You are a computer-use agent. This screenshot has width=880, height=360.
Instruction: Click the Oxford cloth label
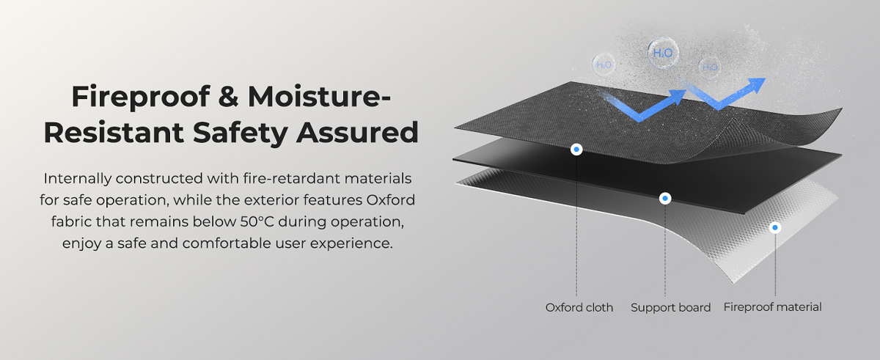click(x=579, y=308)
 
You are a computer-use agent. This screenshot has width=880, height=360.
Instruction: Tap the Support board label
click(x=670, y=308)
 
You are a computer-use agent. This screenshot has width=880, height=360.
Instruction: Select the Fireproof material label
click(x=772, y=308)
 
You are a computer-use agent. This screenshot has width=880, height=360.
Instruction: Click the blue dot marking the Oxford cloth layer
click(x=577, y=150)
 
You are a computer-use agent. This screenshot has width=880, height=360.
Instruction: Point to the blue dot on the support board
click(x=665, y=198)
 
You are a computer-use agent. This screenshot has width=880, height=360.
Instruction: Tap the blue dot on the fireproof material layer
click(x=775, y=228)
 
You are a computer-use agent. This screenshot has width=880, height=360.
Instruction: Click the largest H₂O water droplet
click(x=662, y=52)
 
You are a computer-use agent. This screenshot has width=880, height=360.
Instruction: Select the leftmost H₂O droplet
click(x=604, y=65)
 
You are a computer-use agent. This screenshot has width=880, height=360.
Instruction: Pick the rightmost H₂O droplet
click(x=710, y=67)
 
